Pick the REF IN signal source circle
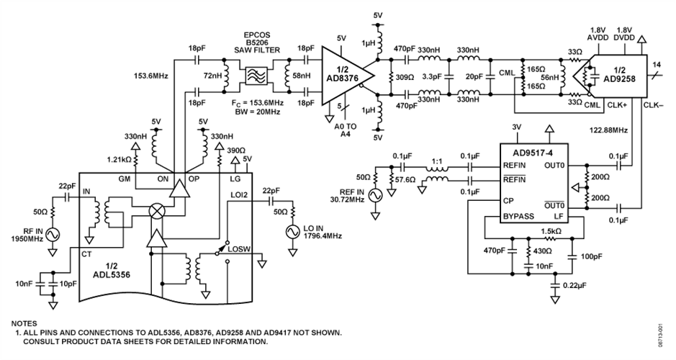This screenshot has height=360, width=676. (374, 194)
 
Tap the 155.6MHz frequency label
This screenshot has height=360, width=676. (153, 73)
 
